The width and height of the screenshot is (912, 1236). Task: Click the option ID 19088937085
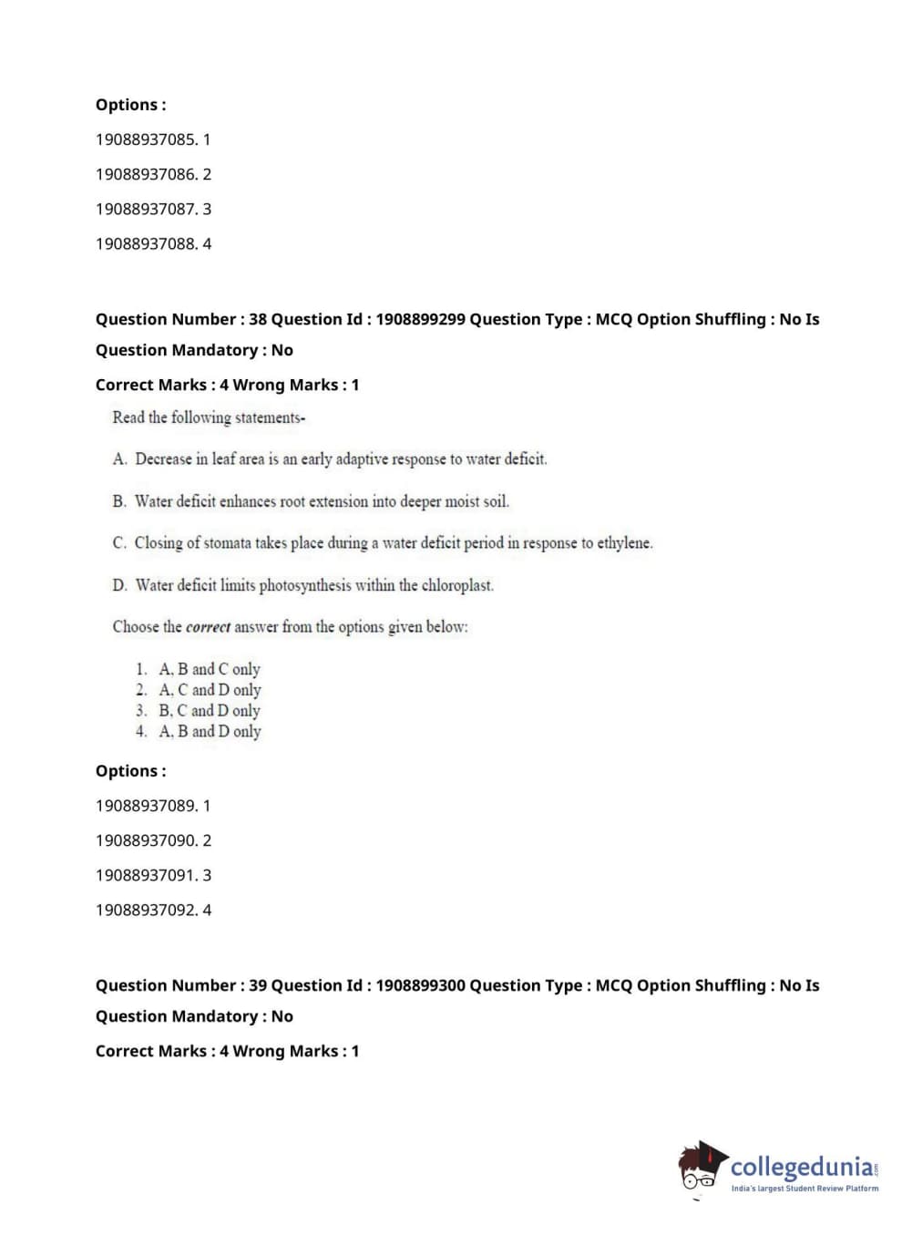coord(146,139)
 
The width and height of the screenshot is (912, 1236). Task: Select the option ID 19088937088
coord(146,243)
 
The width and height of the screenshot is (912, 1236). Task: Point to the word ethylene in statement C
coord(624,543)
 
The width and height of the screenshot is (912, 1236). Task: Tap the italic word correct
coord(208,627)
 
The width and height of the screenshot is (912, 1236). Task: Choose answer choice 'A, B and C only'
coord(210,669)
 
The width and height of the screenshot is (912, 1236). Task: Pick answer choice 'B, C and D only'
coord(210,711)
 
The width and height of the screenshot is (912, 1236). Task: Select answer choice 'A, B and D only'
coord(210,732)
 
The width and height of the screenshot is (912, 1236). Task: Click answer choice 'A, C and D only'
coord(210,690)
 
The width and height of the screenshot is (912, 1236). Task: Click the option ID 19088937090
coord(146,840)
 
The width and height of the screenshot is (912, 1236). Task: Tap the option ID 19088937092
coord(146,910)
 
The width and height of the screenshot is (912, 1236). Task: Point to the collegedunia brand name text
coord(802,1167)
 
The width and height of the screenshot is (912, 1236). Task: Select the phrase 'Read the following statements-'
coord(209,417)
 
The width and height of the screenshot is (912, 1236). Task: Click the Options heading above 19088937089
coord(130,771)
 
